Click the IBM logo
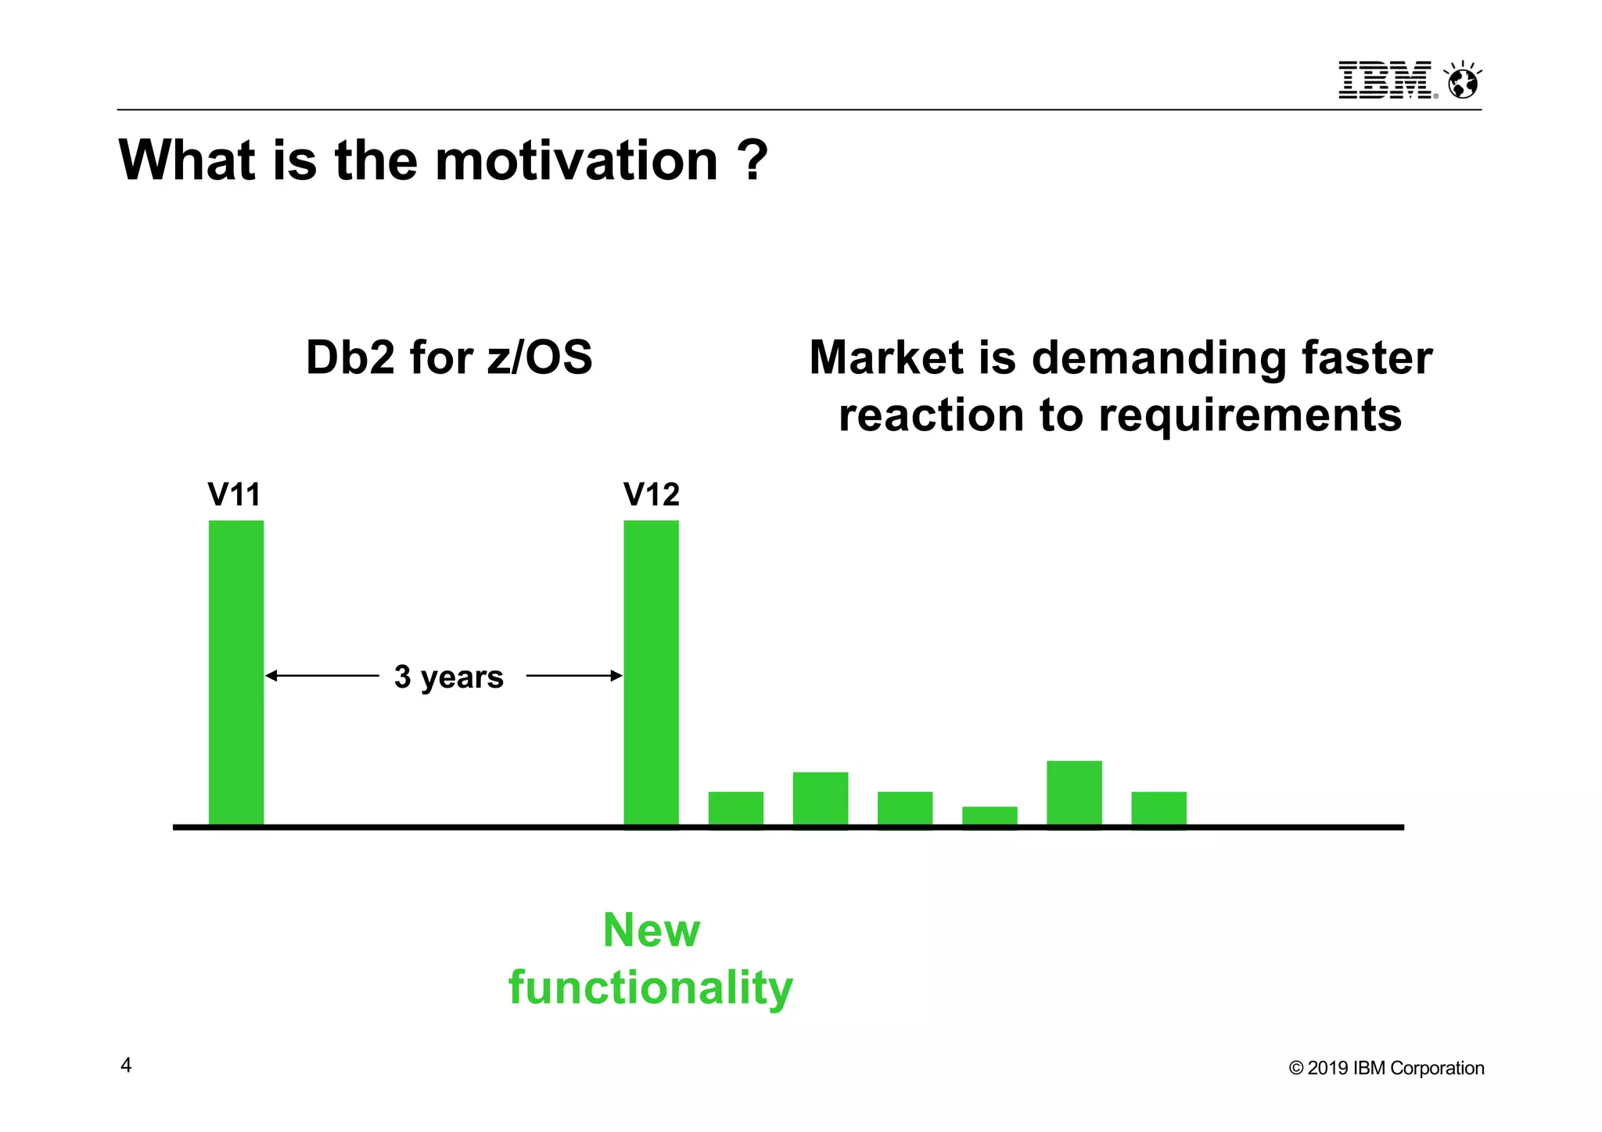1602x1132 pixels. point(1386,80)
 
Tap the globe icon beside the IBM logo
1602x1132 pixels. point(1462,81)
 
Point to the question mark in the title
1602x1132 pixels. point(753,160)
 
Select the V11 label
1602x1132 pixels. point(234,494)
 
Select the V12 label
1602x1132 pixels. point(651,494)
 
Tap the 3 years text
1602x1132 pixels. point(448,677)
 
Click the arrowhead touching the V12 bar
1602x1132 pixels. point(616,675)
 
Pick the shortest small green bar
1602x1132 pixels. point(990,815)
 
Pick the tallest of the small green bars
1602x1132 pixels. point(1074,792)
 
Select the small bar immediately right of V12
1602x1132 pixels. point(735,808)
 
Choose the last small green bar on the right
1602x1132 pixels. point(1158,808)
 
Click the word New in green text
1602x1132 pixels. point(651,930)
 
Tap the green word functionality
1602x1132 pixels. point(651,987)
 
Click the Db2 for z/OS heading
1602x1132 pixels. point(448,358)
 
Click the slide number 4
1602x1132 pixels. point(126,1065)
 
